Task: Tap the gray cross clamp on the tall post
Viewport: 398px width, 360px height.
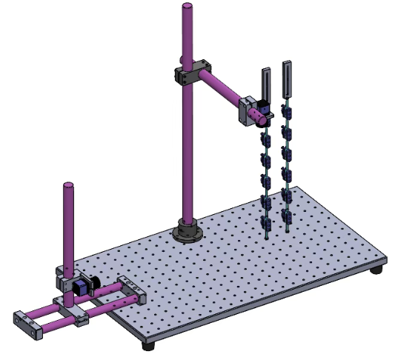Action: [x=192, y=74]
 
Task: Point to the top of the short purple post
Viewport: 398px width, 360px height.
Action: [x=69, y=184]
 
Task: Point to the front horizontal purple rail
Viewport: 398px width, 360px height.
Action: [x=52, y=315]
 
